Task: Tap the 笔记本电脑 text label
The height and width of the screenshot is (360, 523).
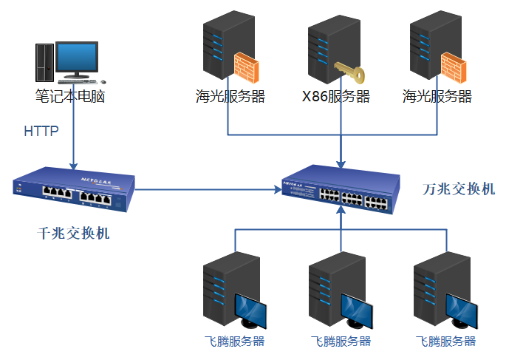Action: click(70, 96)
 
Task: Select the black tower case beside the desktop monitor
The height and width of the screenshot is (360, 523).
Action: click(44, 61)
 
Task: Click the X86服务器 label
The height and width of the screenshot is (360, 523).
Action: click(336, 97)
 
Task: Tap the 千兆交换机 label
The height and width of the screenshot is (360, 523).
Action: click(73, 234)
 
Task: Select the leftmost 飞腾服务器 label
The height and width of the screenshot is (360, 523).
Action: click(234, 342)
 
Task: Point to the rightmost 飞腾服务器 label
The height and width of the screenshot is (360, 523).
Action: click(445, 342)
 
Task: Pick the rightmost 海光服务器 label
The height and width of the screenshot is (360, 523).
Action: click(437, 97)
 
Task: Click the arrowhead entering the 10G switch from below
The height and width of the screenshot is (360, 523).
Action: click(341, 212)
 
